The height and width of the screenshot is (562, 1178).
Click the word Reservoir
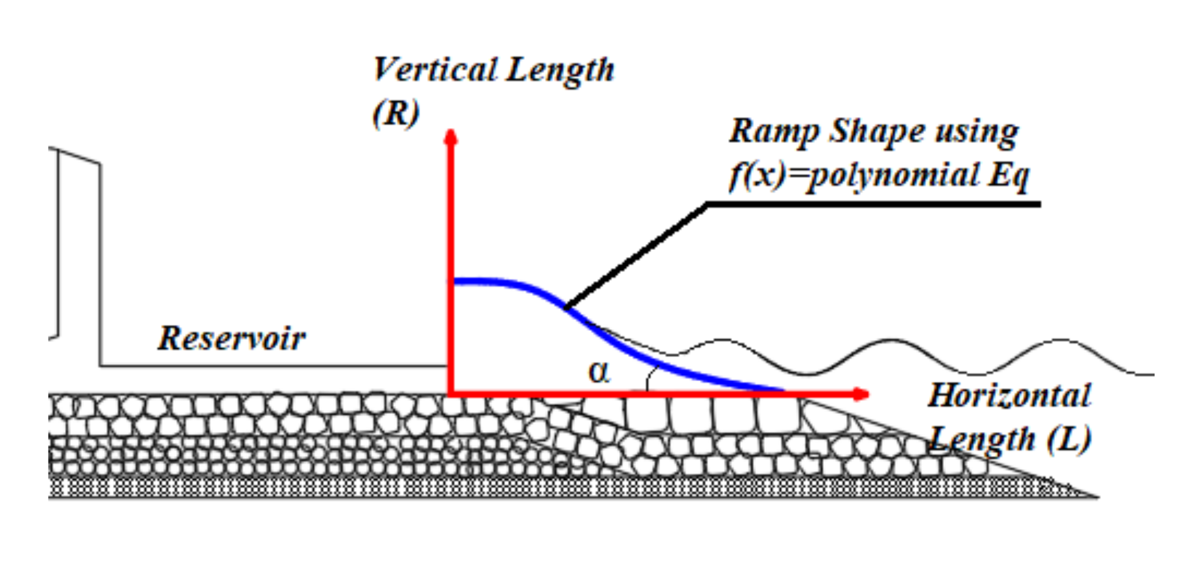click(232, 338)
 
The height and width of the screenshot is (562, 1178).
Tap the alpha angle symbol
click(599, 372)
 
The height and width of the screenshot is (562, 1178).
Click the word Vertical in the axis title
click(434, 70)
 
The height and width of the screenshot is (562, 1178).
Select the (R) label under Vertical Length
click(396, 112)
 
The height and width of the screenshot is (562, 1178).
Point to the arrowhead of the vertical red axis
click(451, 138)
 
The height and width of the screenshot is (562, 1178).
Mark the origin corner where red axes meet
click(451, 393)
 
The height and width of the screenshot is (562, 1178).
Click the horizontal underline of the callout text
click(878, 204)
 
